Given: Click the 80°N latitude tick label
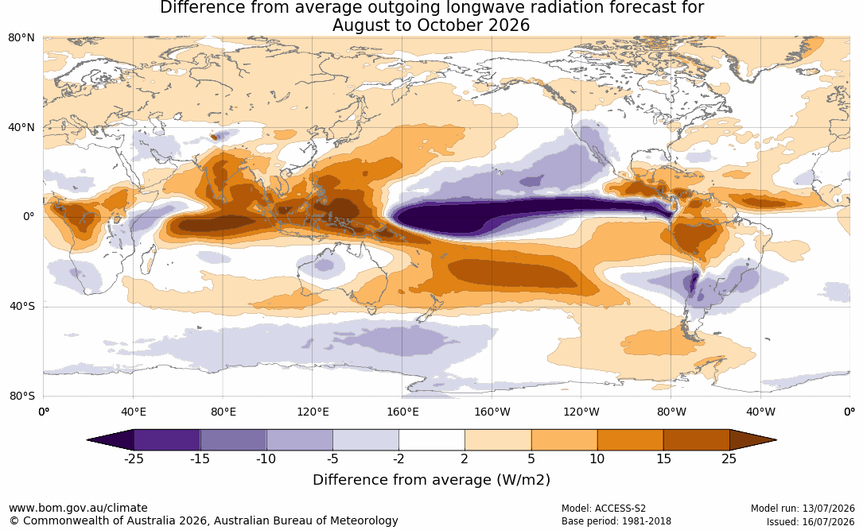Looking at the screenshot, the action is [21, 37].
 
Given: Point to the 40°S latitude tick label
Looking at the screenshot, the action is [21, 306].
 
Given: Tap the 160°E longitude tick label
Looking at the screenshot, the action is [402, 412].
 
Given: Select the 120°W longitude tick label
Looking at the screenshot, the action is [581, 412].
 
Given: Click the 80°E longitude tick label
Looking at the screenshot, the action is [223, 412].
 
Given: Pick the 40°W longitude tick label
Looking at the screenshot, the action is [760, 412].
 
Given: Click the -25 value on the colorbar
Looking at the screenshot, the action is [134, 458].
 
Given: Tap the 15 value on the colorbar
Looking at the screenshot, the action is [663, 458].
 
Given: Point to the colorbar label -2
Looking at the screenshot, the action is [398, 458].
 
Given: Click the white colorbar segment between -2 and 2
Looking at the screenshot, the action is [432, 440].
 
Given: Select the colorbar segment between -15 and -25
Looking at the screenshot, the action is [167, 440].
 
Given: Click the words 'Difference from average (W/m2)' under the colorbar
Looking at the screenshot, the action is [431, 480].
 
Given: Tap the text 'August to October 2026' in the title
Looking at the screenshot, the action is [431, 25].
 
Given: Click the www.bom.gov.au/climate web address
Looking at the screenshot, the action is [78, 508].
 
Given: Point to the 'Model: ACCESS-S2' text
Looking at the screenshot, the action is [604, 509].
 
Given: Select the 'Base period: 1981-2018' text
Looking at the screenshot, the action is [616, 521].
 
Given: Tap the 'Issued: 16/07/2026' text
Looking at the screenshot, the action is [811, 521].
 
